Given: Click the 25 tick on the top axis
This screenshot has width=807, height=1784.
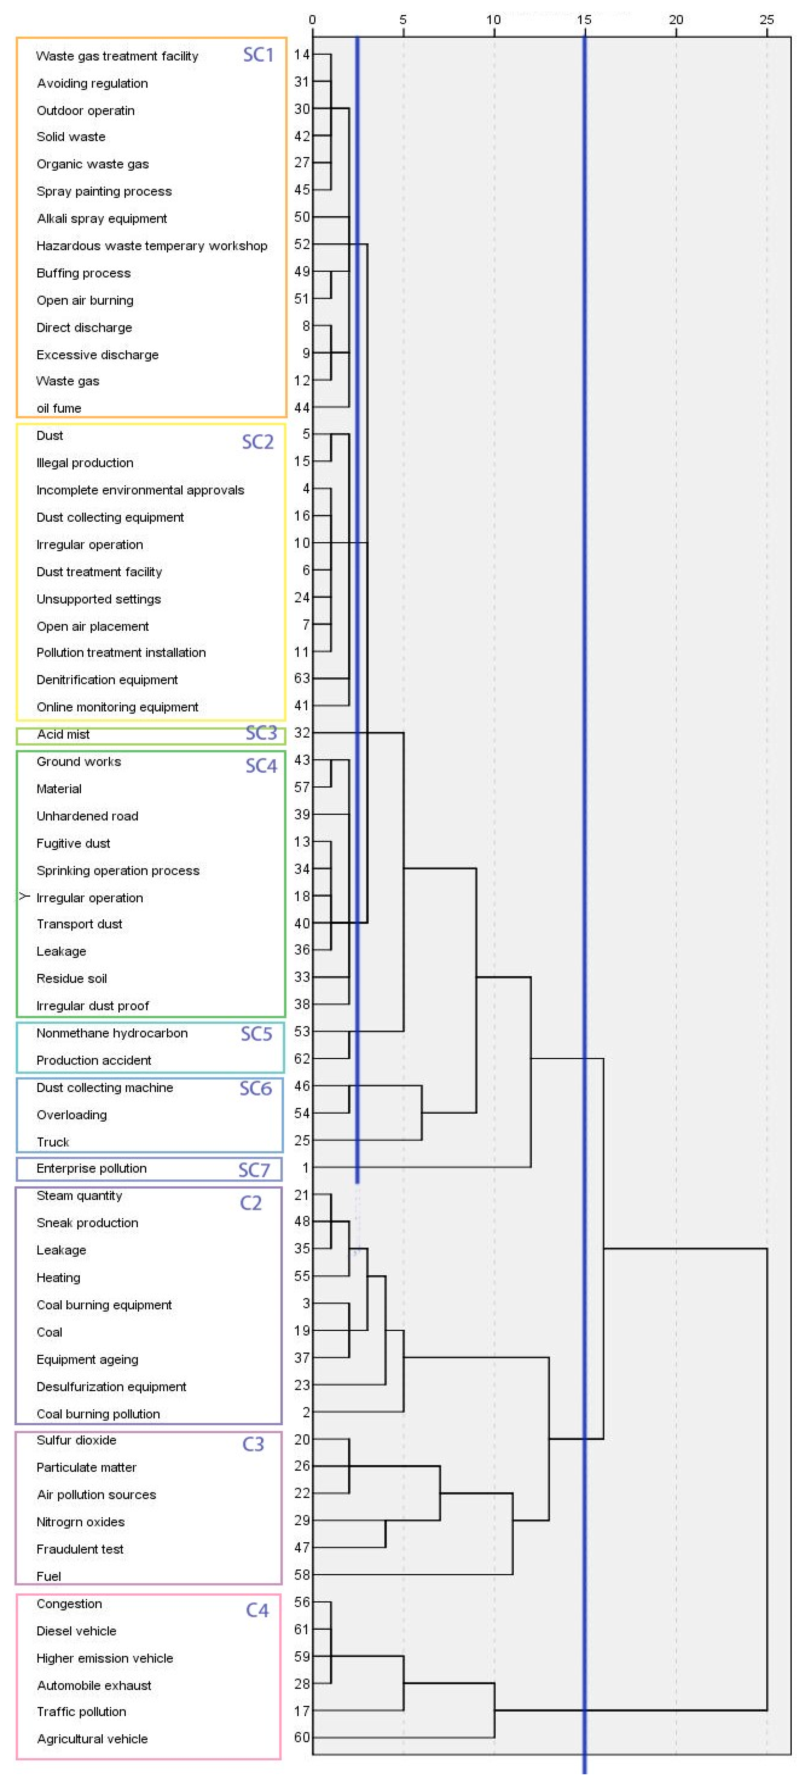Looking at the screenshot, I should [x=766, y=20].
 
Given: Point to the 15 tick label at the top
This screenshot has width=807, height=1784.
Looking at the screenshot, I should [x=584, y=20].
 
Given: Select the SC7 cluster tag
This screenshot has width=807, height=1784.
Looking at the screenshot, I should [x=254, y=1170].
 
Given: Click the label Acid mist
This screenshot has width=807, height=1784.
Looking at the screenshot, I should [x=63, y=734].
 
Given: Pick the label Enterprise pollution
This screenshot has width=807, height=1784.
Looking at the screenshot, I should [x=92, y=1168].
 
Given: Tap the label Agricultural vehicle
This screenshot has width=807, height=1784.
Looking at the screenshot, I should [x=92, y=1738].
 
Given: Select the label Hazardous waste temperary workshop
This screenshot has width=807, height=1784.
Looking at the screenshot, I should [x=152, y=246].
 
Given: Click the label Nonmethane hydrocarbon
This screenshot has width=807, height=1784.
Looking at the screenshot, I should [x=112, y=1033].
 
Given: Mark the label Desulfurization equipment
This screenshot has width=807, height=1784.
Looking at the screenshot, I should [x=111, y=1386].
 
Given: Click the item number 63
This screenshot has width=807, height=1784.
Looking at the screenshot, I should [x=302, y=678].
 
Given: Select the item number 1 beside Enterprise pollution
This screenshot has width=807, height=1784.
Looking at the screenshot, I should [x=305, y=1168].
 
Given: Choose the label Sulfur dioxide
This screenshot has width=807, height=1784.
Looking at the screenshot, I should [x=76, y=1440].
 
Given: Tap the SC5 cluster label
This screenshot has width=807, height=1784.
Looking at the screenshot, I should [x=256, y=1034].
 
